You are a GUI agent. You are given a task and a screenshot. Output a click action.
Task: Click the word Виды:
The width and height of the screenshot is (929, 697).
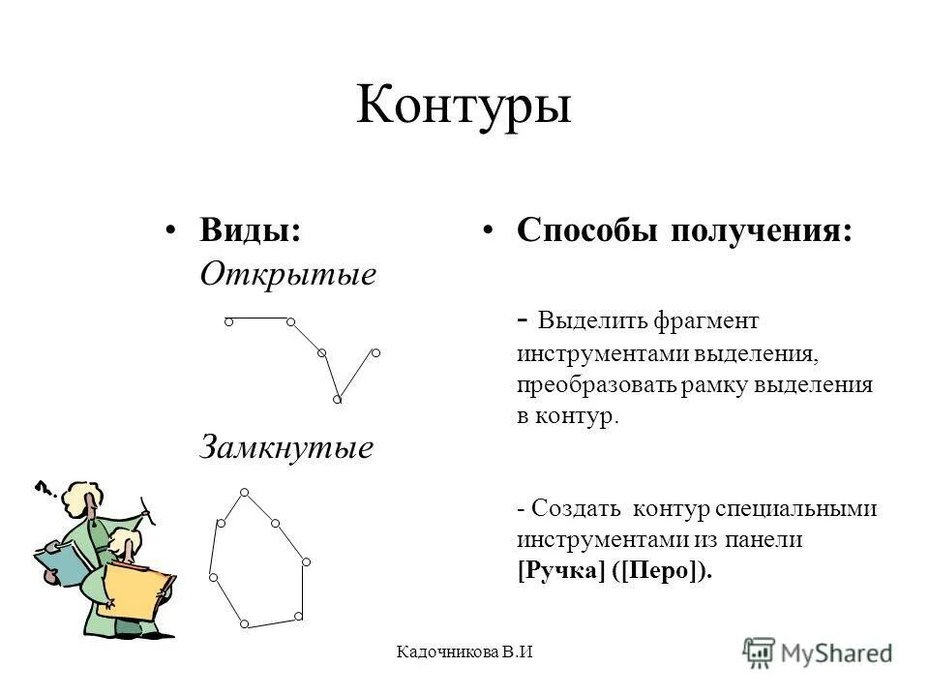pyautogui.click(x=250, y=230)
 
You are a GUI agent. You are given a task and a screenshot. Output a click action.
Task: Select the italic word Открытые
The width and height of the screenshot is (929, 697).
pyautogui.click(x=287, y=275)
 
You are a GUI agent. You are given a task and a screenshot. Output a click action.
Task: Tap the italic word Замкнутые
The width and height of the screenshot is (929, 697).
pyautogui.click(x=286, y=448)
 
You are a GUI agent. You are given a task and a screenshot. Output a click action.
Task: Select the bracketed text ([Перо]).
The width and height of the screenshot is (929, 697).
pyautogui.click(x=663, y=570)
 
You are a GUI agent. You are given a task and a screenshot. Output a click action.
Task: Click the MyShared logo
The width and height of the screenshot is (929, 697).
pyautogui.click(x=818, y=652)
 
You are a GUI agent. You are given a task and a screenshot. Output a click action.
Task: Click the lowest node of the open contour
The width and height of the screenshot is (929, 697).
pyautogui.click(x=337, y=399)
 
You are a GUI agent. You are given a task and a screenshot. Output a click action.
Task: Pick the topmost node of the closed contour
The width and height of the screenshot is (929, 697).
pyautogui.click(x=245, y=492)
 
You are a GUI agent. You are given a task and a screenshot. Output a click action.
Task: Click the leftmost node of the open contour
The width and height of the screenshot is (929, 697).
pyautogui.click(x=226, y=320)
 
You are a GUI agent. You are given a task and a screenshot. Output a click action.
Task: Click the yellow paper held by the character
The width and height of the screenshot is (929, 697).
pyautogui.click(x=136, y=589)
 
